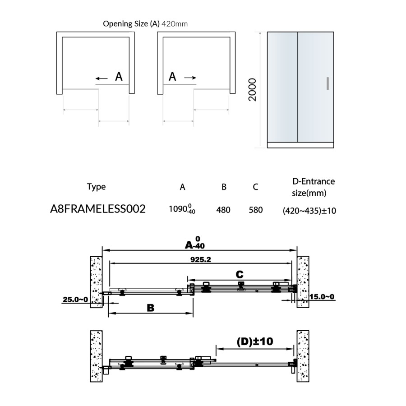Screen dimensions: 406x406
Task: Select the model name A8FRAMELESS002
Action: click(x=98, y=209)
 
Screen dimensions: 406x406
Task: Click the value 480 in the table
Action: click(x=224, y=210)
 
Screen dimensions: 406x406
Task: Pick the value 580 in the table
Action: click(x=255, y=210)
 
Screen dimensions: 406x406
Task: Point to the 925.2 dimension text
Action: click(x=201, y=260)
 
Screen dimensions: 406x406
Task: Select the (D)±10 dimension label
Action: click(x=255, y=341)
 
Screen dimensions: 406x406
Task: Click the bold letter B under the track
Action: click(x=151, y=308)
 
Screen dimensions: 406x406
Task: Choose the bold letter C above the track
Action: click(x=240, y=274)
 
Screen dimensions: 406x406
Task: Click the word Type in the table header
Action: click(x=96, y=187)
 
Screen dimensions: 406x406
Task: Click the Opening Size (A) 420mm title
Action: click(x=145, y=24)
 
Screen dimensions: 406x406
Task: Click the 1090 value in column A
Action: click(x=182, y=209)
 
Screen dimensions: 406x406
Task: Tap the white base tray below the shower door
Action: click(x=300, y=145)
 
